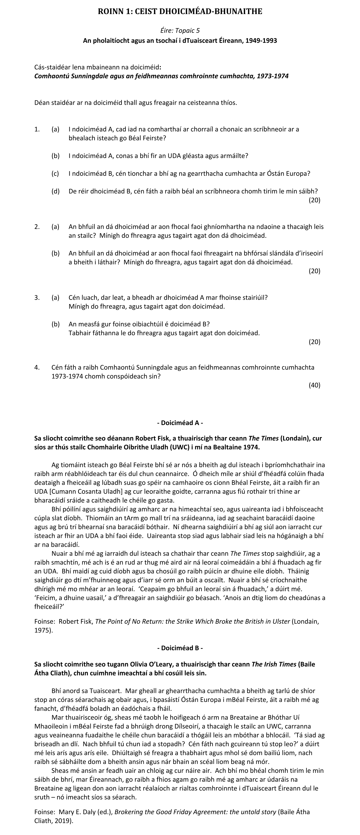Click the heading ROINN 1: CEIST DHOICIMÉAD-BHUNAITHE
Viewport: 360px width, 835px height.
[180, 12]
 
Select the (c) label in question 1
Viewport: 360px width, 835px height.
[55, 173]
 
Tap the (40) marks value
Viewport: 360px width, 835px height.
[314, 385]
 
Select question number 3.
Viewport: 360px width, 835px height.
[37, 297]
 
